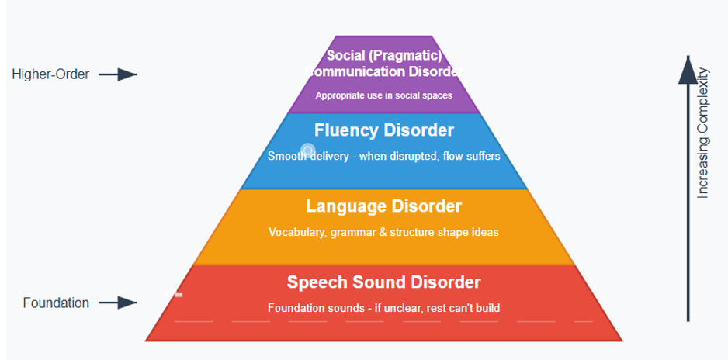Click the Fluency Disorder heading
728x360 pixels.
click(384, 130)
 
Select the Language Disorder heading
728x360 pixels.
click(384, 206)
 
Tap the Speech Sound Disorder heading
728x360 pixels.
click(384, 282)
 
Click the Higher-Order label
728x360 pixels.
click(51, 74)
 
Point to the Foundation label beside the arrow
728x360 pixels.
click(56, 303)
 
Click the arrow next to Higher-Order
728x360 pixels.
click(118, 74)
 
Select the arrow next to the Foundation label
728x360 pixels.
click(118, 303)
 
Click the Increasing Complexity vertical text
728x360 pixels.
click(703, 133)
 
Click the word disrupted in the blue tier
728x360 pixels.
click(414, 156)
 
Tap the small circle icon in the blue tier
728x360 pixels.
click(308, 151)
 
